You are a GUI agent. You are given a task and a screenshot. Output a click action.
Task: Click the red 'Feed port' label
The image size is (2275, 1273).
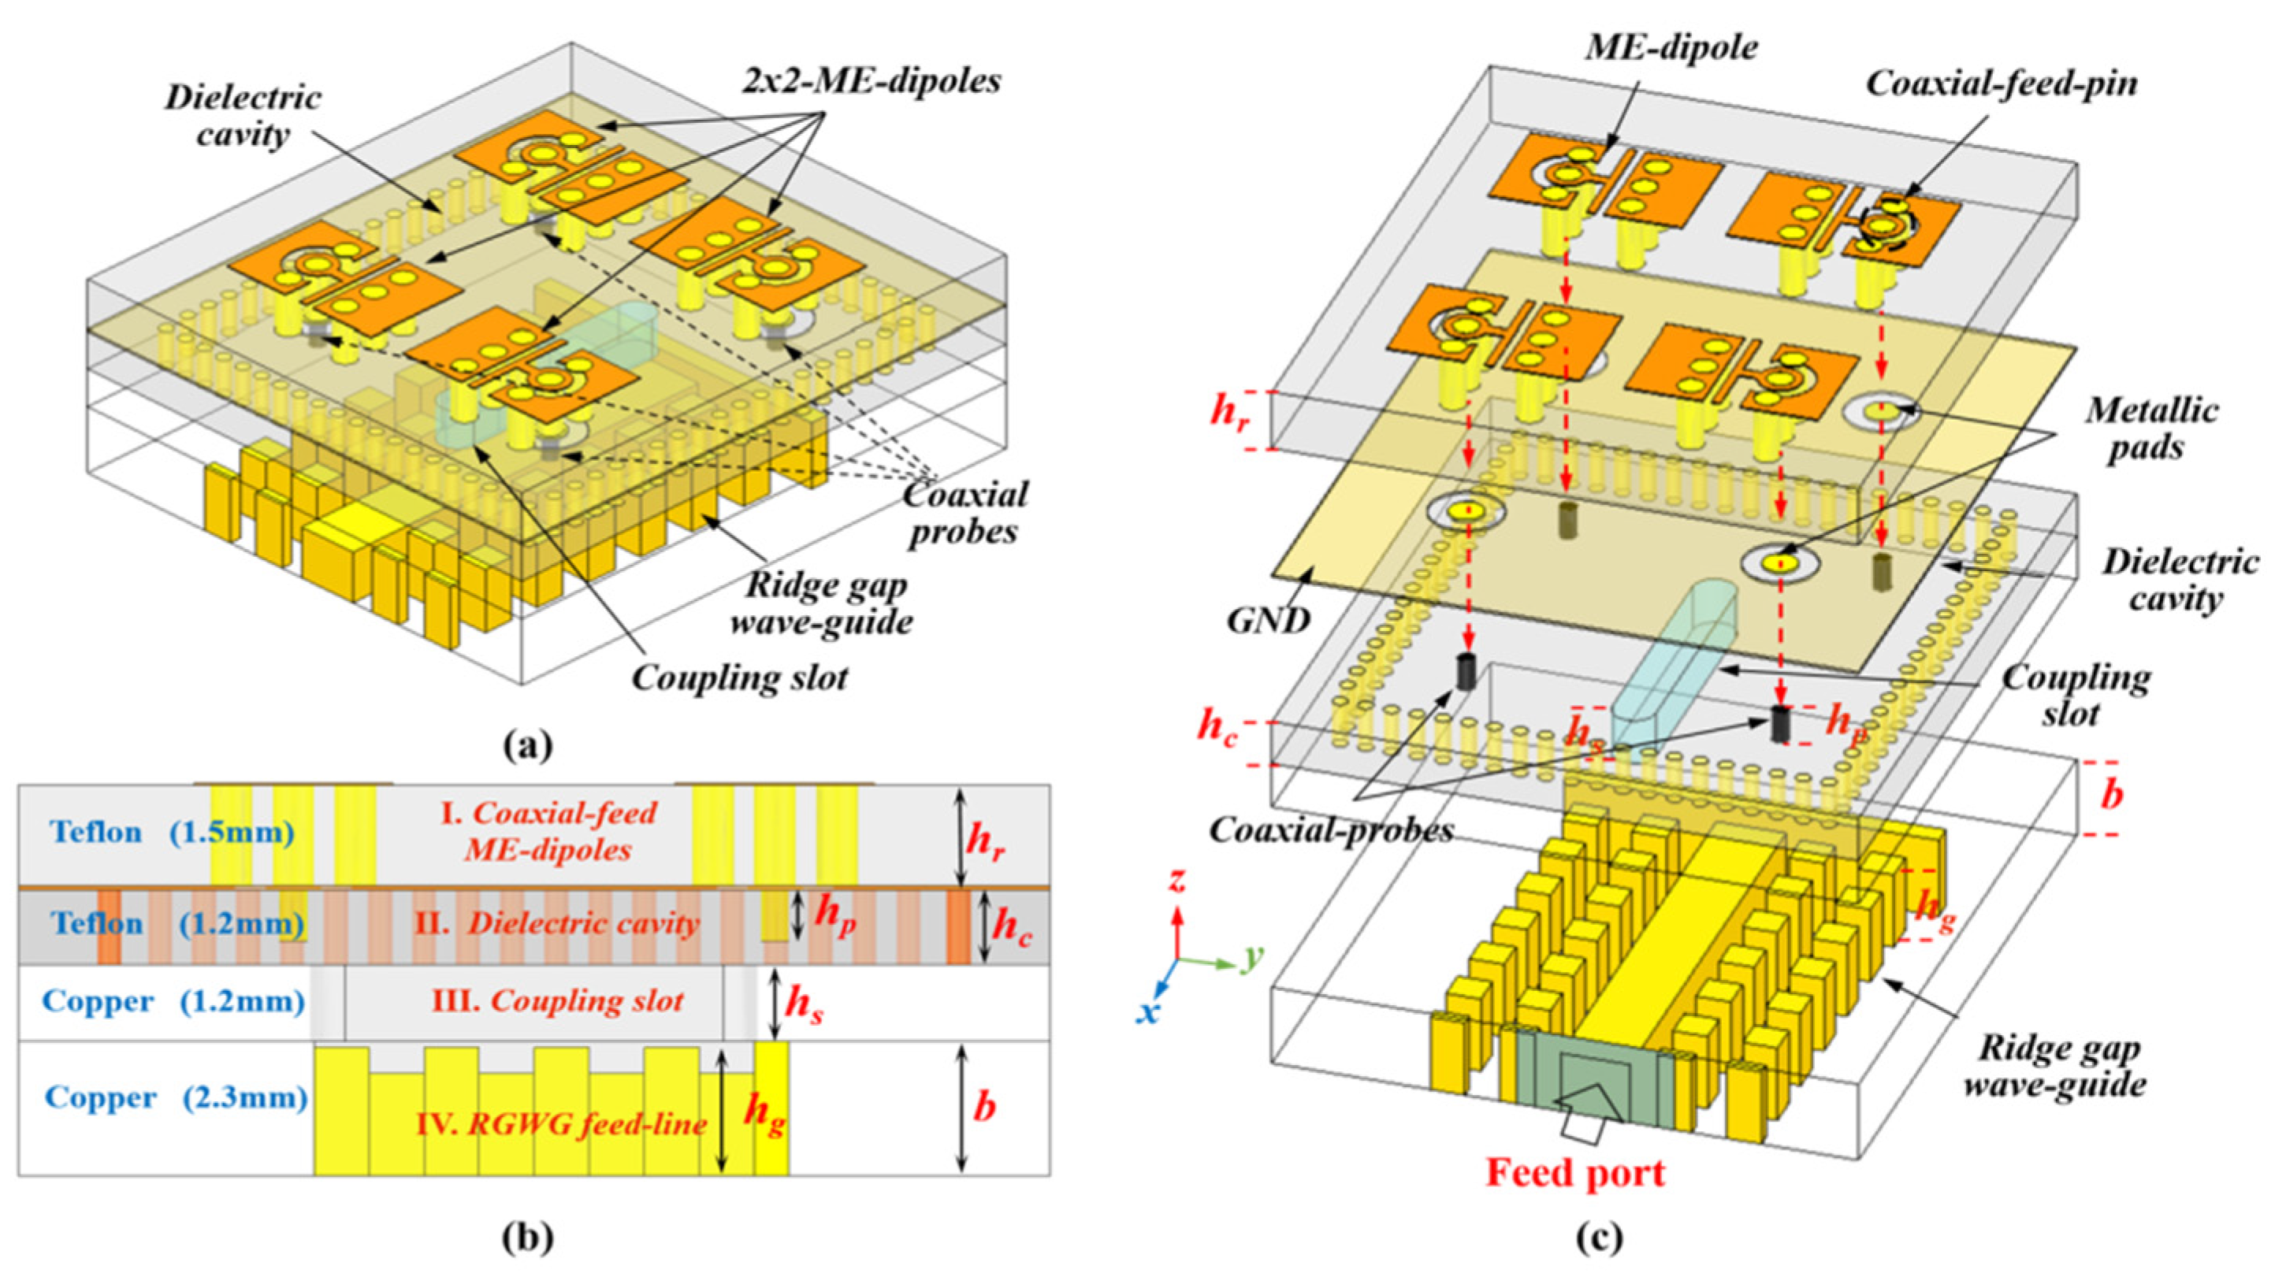click(1575, 1173)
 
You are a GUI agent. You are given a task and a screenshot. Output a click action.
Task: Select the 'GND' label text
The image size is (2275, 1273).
click(1267, 622)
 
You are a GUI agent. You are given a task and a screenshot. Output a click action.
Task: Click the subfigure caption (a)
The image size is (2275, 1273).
click(528, 746)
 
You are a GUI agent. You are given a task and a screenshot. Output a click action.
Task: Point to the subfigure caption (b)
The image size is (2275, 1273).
click(528, 1238)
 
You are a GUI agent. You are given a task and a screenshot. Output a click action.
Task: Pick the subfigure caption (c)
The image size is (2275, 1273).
click(1600, 1238)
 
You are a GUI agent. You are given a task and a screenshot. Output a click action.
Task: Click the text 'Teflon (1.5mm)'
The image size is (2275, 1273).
click(173, 833)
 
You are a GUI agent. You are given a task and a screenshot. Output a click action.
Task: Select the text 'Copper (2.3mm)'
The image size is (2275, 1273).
click(176, 1097)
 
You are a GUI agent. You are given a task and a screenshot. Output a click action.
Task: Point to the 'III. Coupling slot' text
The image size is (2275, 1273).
click(557, 1001)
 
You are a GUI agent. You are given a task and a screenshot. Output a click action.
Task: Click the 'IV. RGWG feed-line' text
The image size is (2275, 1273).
click(562, 1125)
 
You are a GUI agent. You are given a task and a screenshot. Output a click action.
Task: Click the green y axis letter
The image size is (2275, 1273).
click(1252, 957)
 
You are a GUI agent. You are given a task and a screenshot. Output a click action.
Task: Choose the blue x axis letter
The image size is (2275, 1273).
click(1147, 1012)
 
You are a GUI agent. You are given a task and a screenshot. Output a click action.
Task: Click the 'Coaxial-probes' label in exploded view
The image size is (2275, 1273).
click(1331, 829)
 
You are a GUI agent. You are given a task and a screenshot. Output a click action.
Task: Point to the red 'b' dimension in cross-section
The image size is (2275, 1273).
click(983, 1106)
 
